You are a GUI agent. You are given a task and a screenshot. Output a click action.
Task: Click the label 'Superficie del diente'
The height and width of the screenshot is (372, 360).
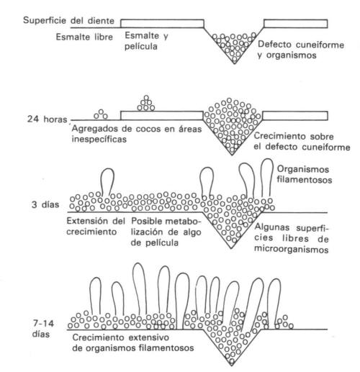(68, 20)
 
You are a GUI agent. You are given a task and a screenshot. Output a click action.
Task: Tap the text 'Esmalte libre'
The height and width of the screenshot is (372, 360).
(84, 37)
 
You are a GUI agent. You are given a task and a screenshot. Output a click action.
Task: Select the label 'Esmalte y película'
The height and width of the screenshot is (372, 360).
(146, 41)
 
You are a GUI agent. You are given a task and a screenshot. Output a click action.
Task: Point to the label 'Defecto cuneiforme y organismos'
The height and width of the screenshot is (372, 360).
(301, 50)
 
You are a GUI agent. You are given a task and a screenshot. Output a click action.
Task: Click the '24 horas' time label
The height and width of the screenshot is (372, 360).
(47, 119)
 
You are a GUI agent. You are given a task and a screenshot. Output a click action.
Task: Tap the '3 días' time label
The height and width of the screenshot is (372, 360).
(45, 204)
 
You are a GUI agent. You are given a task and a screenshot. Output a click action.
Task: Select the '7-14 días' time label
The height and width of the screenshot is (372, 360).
(43, 329)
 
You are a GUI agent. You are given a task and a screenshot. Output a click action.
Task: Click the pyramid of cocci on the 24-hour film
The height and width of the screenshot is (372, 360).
(146, 103)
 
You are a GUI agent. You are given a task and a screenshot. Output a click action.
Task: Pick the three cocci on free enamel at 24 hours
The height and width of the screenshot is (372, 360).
(101, 114)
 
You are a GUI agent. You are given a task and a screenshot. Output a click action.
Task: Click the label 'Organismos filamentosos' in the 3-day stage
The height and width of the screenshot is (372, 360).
(305, 174)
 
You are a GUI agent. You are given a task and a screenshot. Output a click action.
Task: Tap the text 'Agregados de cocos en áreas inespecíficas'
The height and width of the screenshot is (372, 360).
(137, 134)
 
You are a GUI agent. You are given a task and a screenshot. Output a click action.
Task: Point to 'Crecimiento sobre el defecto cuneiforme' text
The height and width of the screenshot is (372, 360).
(302, 142)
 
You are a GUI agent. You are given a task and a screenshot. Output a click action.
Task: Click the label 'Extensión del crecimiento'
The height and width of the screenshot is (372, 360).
(96, 226)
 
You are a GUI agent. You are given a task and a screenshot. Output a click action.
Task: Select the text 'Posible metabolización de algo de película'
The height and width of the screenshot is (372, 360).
(166, 232)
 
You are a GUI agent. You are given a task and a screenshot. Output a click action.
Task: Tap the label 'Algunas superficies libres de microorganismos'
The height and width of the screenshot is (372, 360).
(292, 238)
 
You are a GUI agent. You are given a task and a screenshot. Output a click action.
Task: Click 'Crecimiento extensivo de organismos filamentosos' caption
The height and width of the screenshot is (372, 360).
(133, 342)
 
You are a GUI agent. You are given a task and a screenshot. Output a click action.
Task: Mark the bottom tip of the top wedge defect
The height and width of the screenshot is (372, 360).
(235, 63)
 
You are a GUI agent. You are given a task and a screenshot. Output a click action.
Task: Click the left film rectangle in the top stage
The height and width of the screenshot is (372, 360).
(162, 24)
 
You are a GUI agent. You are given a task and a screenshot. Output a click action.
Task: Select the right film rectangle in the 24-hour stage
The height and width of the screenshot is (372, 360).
(295, 116)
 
